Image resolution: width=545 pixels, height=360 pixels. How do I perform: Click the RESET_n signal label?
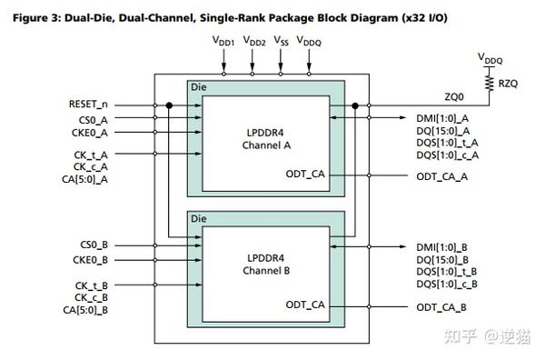(88, 105)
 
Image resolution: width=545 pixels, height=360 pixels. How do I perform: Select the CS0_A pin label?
(94, 118)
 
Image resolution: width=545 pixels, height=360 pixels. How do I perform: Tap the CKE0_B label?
(93, 259)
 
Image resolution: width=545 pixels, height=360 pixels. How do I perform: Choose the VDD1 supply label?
(223, 43)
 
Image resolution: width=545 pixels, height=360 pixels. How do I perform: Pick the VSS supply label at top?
(282, 43)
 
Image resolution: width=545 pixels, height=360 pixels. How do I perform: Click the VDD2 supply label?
(254, 43)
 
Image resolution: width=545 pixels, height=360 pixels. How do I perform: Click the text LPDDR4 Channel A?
(264, 138)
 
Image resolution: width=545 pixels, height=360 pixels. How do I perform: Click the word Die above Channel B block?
(198, 218)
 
